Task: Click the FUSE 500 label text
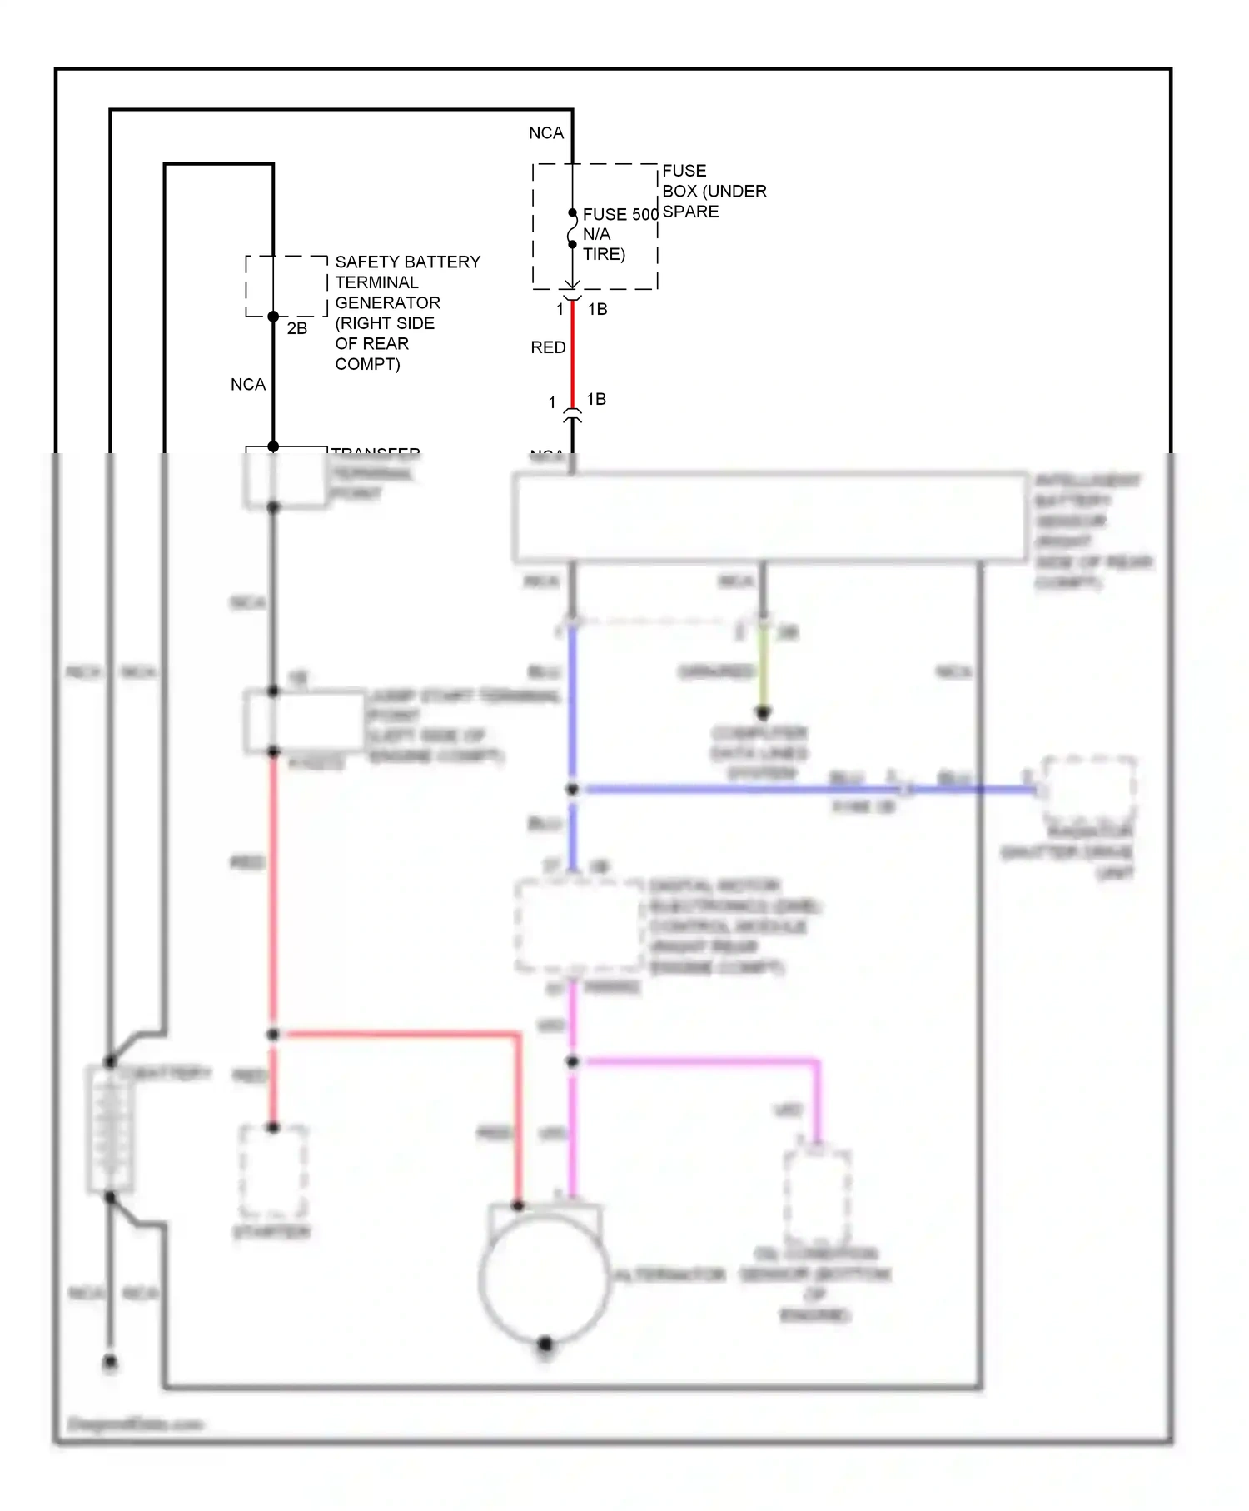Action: click(x=620, y=214)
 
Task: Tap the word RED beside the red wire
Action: click(x=548, y=347)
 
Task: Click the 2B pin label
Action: click(x=297, y=328)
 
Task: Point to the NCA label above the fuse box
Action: click(x=546, y=133)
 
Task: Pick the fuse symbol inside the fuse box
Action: click(x=572, y=229)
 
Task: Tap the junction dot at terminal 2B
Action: click(x=273, y=317)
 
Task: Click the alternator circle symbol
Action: click(x=543, y=1279)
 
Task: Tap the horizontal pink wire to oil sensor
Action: click(x=699, y=1061)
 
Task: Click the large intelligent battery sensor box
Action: click(x=770, y=516)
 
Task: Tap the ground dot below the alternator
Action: click(x=545, y=1344)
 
